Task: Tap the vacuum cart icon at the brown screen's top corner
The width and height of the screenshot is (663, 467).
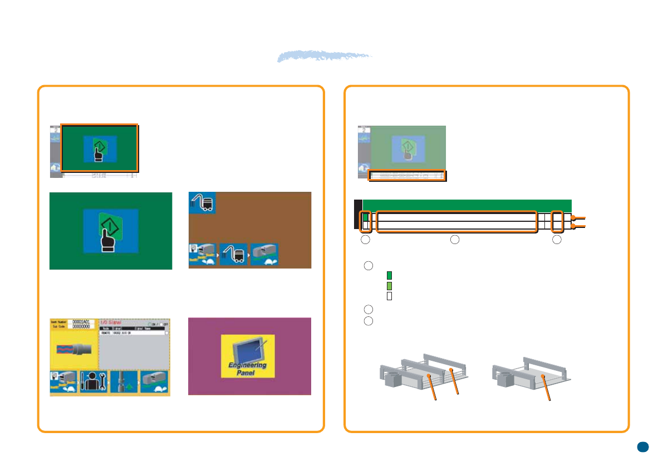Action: tap(202, 203)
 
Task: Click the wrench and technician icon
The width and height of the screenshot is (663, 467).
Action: tap(94, 382)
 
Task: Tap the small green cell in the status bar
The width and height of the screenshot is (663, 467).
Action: tap(366, 217)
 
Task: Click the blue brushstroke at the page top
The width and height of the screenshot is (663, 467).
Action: tap(325, 57)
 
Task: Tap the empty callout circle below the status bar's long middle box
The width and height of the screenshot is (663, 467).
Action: tap(455, 240)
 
